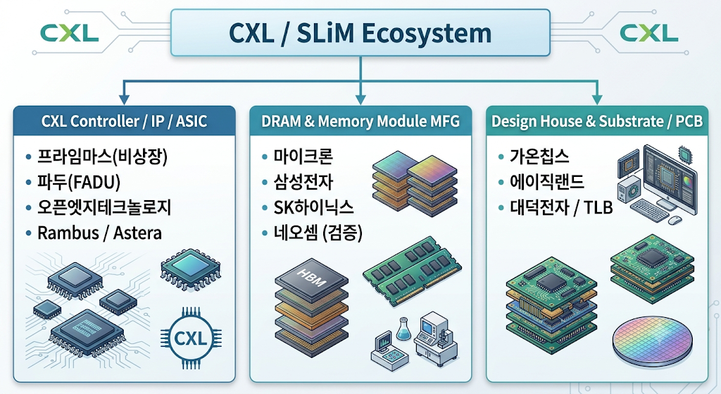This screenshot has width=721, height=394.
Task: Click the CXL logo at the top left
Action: [70, 33]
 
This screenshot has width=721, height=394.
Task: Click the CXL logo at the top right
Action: [648, 33]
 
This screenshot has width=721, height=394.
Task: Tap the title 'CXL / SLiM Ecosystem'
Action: [360, 33]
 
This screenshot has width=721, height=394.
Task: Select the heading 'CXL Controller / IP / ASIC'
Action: [124, 121]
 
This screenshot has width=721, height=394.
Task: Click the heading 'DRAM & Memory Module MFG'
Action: [360, 121]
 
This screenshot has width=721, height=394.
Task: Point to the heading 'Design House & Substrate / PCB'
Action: [597, 121]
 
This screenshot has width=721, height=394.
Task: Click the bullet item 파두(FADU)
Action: [79, 183]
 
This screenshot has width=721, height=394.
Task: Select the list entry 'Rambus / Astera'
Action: [99, 233]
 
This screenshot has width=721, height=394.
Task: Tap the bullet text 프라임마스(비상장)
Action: [103, 157]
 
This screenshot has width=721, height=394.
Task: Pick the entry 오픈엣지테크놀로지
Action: [104, 208]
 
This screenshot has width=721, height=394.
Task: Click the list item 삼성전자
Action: [303, 183]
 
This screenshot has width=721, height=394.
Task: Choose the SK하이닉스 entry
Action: [313, 208]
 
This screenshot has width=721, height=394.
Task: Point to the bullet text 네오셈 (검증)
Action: [318, 233]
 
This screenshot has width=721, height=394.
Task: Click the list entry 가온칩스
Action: [539, 157]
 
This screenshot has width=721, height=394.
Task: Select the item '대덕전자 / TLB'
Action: [561, 208]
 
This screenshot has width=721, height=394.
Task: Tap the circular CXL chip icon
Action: [190, 339]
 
